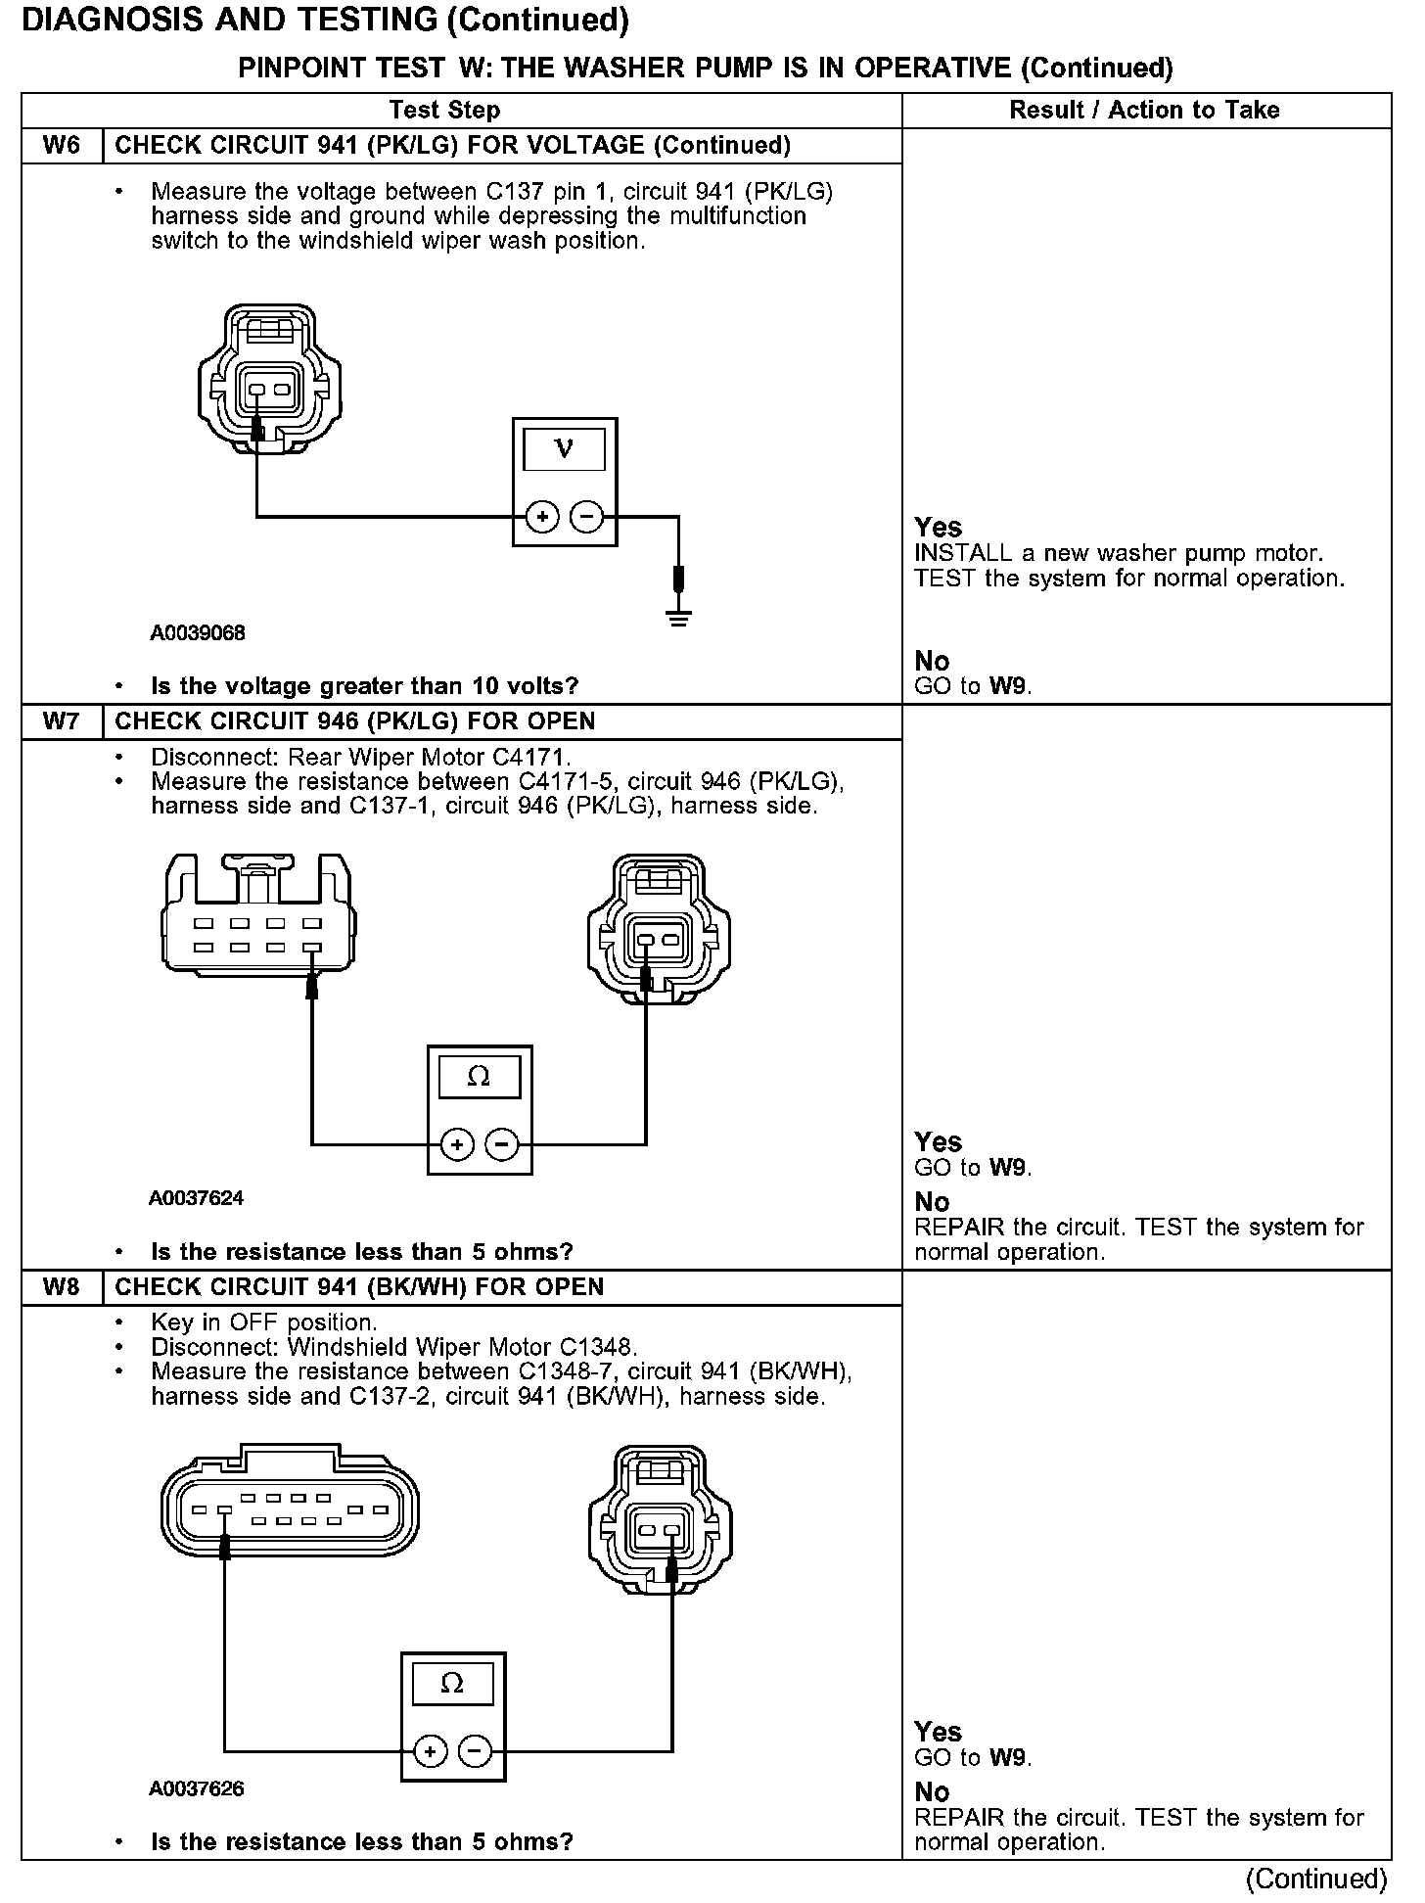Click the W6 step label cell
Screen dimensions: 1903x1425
pos(61,146)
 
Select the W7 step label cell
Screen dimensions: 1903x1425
pos(61,721)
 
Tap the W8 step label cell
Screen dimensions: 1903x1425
pos(61,1287)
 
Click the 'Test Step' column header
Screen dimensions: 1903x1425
pos(444,110)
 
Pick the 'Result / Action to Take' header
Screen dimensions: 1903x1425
pos(1144,110)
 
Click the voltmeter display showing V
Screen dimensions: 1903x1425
pos(564,449)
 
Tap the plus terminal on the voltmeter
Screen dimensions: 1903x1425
pos(542,516)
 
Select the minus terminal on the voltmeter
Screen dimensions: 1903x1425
pos(586,516)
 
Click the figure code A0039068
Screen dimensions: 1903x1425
pos(198,632)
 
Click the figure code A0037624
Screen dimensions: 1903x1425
pos(197,1198)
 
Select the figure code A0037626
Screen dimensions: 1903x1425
pos(197,1788)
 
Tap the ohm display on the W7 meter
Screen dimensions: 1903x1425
pos(479,1077)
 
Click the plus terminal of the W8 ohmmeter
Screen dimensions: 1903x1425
pos(431,1751)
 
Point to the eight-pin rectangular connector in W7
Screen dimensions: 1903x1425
pos(257,916)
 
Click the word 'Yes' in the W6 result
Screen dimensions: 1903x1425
pos(938,527)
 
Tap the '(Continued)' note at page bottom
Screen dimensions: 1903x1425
pos(1315,1879)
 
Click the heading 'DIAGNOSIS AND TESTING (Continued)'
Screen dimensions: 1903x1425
pos(326,20)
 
